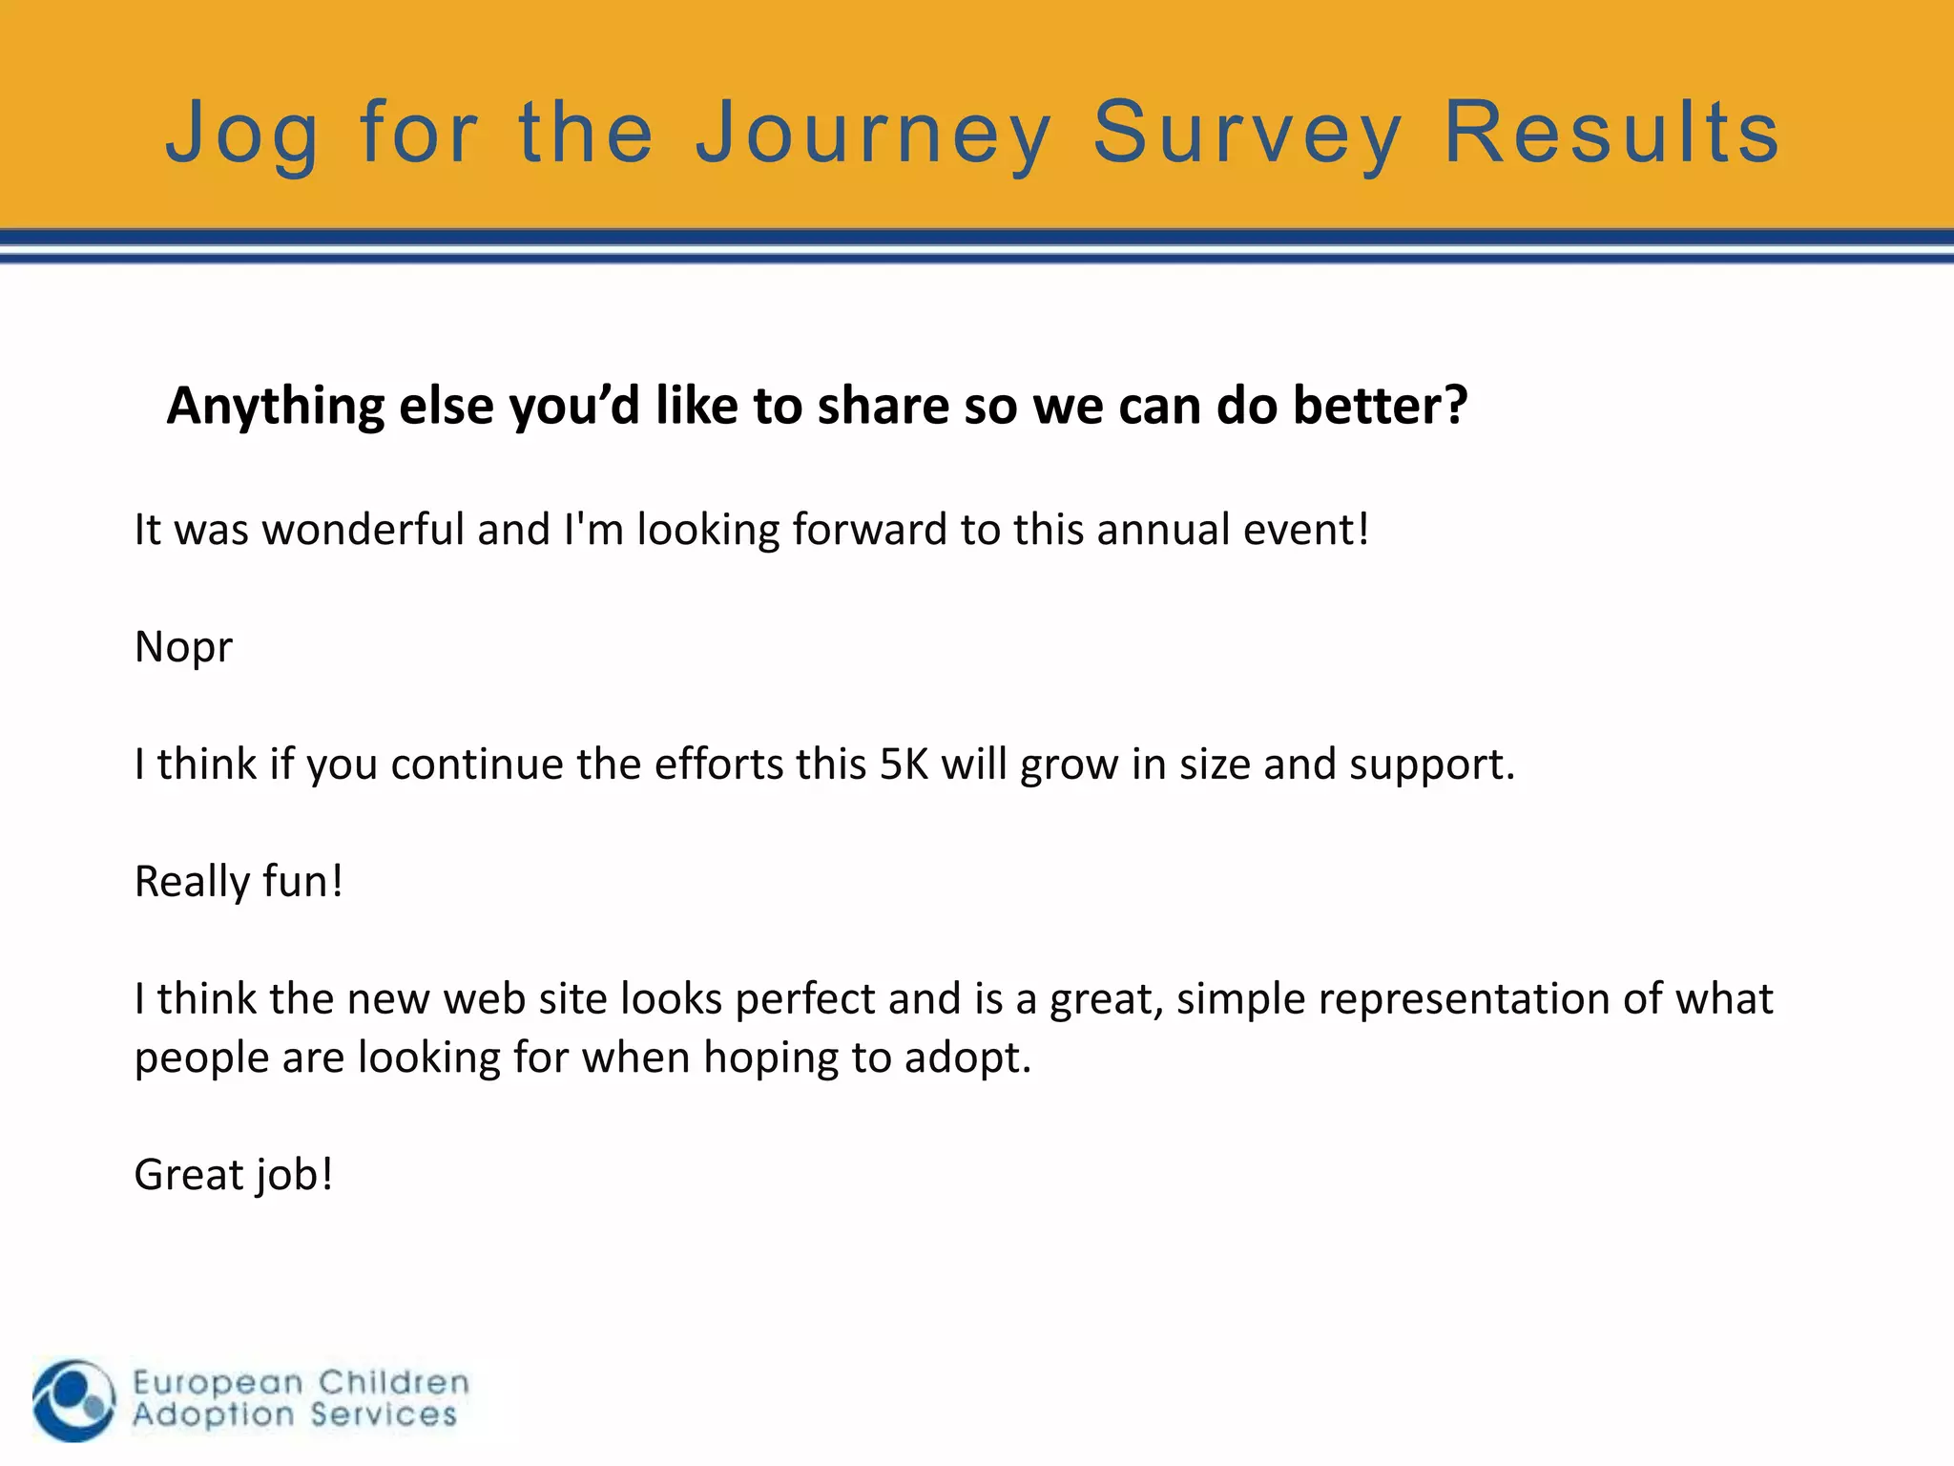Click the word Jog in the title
click(242, 134)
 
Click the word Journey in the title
click(873, 134)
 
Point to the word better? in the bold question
click(1381, 406)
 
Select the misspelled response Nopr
click(183, 648)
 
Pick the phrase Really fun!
click(239, 882)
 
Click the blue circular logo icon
click(73, 1400)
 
